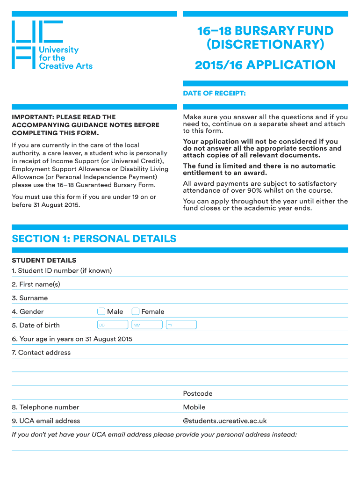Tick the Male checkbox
[x=101, y=312]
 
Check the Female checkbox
[x=136, y=312]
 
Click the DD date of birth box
[x=112, y=325]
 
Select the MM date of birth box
[x=147, y=325]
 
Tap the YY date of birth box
[x=181, y=325]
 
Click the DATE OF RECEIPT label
[x=214, y=94]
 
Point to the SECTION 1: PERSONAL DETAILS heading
[x=94, y=239]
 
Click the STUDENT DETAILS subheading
[x=44, y=261]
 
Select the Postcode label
[x=198, y=394]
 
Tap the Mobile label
[x=194, y=407]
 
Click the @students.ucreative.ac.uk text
[x=225, y=421]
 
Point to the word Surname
[x=34, y=298]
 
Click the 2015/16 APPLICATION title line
[x=265, y=65]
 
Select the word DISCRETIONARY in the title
[x=265, y=45]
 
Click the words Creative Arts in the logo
[x=65, y=66]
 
